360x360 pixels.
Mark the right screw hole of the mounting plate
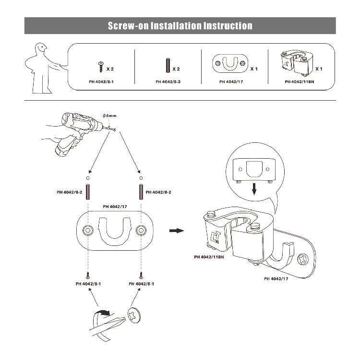[x=141, y=231]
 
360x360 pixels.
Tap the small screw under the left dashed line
[x=88, y=275]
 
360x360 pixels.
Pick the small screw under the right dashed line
[x=141, y=275]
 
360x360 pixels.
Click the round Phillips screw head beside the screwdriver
[x=134, y=315]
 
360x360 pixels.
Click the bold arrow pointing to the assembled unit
[x=177, y=231]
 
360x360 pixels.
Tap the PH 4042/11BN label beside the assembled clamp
[x=210, y=257]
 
